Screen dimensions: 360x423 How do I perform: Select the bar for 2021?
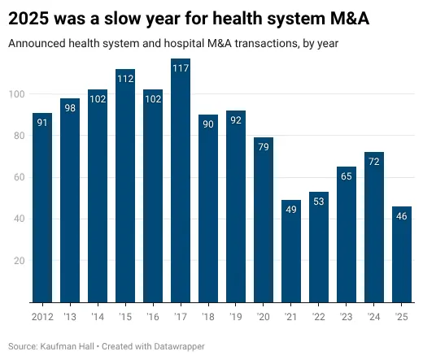point(291,251)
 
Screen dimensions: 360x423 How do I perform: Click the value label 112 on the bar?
point(125,79)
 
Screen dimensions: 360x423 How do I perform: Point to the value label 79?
point(264,147)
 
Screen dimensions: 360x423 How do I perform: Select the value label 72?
point(374,162)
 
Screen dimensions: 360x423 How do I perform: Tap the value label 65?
point(347,176)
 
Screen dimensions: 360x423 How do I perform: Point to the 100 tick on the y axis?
point(15,94)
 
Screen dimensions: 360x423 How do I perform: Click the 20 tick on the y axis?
point(17,261)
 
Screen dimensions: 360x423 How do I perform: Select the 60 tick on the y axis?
point(17,177)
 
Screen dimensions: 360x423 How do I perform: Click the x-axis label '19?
point(236,316)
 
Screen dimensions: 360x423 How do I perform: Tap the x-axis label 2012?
point(42,316)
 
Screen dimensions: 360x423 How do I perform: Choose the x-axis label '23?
point(347,316)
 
